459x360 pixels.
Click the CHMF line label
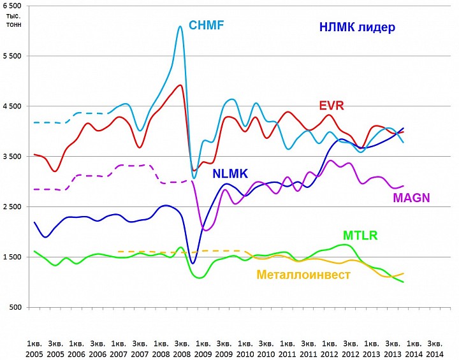click(x=206, y=26)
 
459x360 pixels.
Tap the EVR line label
click(x=331, y=105)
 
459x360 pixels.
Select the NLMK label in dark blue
click(x=232, y=173)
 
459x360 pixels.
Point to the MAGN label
click(x=411, y=198)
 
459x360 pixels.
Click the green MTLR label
click(x=360, y=235)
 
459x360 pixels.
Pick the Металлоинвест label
click(x=303, y=275)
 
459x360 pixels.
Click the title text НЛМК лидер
click(x=357, y=27)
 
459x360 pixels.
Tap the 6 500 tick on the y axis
click(x=12, y=5)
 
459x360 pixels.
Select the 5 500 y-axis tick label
click(x=12, y=56)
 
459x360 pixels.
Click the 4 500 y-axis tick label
click(x=12, y=106)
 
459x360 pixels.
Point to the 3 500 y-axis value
click(x=12, y=157)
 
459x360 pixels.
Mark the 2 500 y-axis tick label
click(x=12, y=207)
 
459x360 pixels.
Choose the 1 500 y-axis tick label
click(x=12, y=257)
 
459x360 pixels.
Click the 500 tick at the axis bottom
click(x=15, y=308)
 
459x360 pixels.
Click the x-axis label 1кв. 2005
click(x=34, y=348)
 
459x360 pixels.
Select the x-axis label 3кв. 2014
click(x=435, y=348)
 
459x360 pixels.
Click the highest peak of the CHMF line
click(x=180, y=27)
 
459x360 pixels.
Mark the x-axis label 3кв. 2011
click(x=307, y=348)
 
